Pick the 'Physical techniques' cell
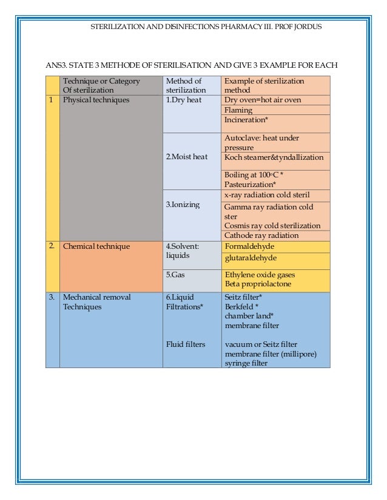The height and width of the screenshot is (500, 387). click(x=96, y=100)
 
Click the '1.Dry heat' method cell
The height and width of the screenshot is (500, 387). click(x=183, y=100)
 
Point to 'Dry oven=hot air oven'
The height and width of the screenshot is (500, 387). click(x=262, y=100)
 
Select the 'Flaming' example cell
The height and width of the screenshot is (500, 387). click(x=238, y=110)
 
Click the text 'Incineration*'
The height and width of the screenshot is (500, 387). click(x=246, y=120)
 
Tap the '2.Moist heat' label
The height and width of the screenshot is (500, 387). click(x=186, y=157)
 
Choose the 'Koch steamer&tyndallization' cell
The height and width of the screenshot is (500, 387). click(x=274, y=157)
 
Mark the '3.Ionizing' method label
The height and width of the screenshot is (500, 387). click(x=183, y=205)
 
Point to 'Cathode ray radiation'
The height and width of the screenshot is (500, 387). click(x=261, y=235)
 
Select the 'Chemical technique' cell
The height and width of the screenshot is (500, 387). click(x=96, y=246)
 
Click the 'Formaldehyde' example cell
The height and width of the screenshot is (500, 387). click(x=249, y=246)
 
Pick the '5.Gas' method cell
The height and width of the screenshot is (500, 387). click(x=175, y=274)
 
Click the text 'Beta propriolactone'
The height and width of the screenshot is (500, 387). click(x=257, y=284)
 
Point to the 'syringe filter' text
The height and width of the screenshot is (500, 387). click(x=246, y=363)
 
